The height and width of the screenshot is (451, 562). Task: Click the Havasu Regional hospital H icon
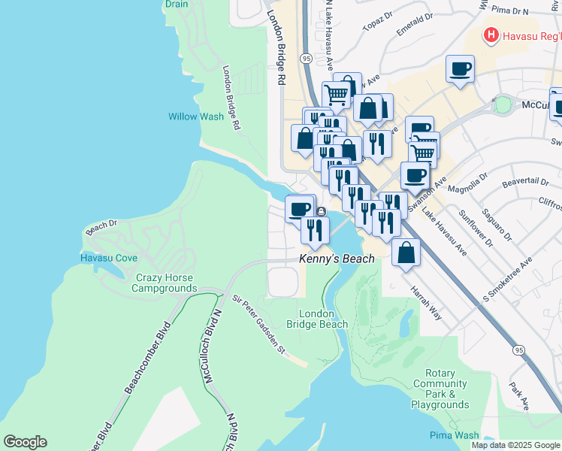pos(491,35)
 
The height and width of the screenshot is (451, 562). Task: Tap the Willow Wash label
pos(195,117)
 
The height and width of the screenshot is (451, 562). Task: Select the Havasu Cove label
pos(109,258)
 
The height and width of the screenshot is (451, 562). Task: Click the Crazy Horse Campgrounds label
pos(166,283)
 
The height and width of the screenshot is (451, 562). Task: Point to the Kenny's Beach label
pos(337,259)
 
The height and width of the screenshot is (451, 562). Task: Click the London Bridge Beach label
pos(323,319)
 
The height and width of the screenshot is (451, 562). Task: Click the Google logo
pos(25,442)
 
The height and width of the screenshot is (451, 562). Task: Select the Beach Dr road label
pos(102,227)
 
